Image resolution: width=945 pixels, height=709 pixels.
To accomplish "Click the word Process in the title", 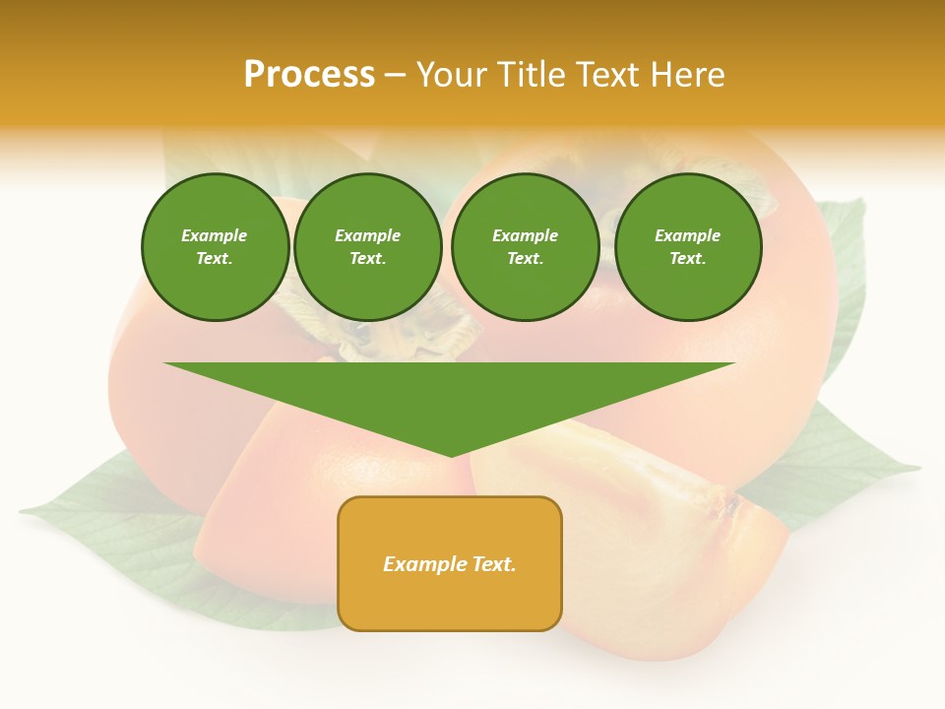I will click(x=309, y=75).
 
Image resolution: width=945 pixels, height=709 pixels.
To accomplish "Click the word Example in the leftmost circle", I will click(x=215, y=235).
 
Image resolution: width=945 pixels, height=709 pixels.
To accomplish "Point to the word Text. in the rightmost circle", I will click(x=688, y=258).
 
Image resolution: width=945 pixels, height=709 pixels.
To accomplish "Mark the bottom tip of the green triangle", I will click(x=451, y=455).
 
